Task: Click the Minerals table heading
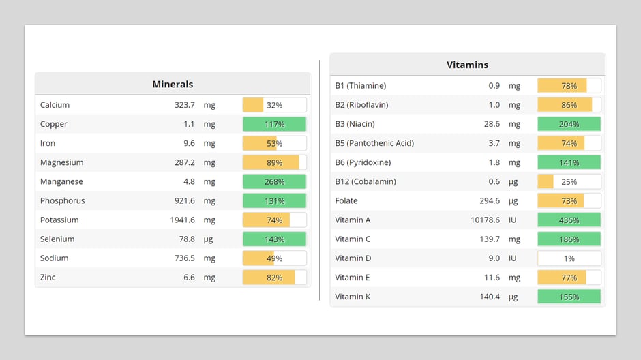coord(173,85)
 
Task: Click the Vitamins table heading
coord(467,65)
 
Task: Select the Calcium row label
coord(55,105)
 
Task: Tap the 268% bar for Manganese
coord(274,182)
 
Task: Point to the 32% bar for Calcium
coord(274,106)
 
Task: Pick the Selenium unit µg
coord(209,239)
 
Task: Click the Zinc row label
coord(48,277)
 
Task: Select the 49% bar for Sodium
coord(274,258)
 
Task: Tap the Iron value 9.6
coord(188,144)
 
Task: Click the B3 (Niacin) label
coord(355,124)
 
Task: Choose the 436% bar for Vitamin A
coord(569,220)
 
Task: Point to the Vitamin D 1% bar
coord(569,258)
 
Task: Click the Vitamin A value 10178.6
coord(485,220)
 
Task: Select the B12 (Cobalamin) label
coord(365,181)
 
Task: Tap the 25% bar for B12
coord(569,182)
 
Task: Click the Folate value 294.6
coord(489,201)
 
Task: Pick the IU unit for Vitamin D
coord(513,258)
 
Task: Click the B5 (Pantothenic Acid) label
coord(374,143)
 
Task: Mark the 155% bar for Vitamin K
coord(569,297)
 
